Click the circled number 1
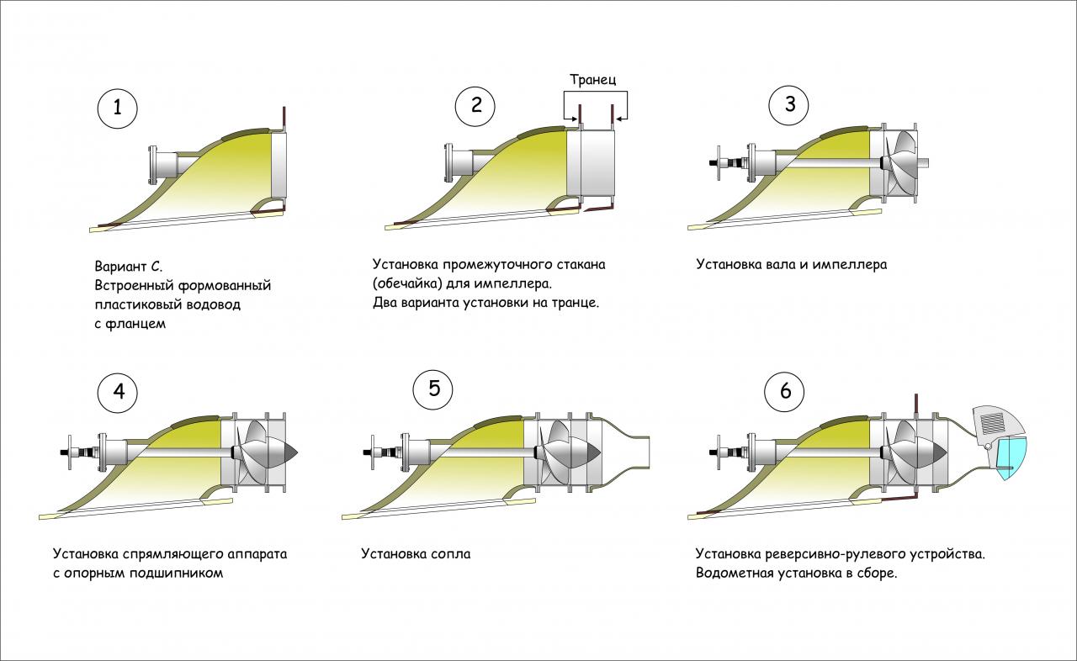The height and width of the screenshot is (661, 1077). click(x=117, y=108)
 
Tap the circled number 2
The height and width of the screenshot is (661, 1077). click(x=476, y=106)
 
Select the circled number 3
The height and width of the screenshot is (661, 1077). click(x=789, y=104)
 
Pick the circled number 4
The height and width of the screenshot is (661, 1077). click(x=118, y=392)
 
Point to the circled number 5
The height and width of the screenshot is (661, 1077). click(x=433, y=389)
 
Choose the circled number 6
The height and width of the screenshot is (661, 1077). click(x=785, y=392)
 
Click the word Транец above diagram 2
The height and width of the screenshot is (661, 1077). click(x=593, y=81)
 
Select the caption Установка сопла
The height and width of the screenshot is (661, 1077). click(x=416, y=554)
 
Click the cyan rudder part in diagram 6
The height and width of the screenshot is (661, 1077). click(x=1013, y=459)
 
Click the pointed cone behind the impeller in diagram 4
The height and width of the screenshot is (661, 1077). click(x=289, y=452)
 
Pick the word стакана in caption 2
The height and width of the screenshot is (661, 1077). click(x=577, y=264)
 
